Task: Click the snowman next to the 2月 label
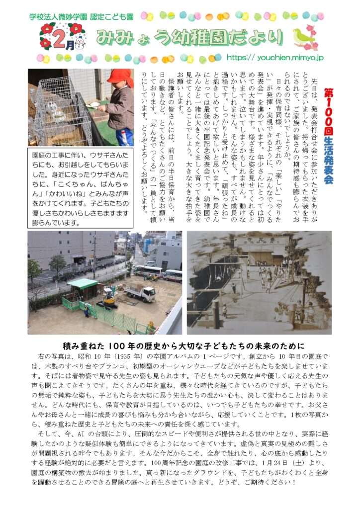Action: [x=80, y=45]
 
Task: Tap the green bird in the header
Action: [x=302, y=36]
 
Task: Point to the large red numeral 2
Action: [x=60, y=36]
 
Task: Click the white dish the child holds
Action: [x=94, y=104]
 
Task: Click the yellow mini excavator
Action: [x=109, y=298]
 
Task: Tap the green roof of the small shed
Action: [x=82, y=283]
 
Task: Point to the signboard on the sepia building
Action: [x=259, y=241]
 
